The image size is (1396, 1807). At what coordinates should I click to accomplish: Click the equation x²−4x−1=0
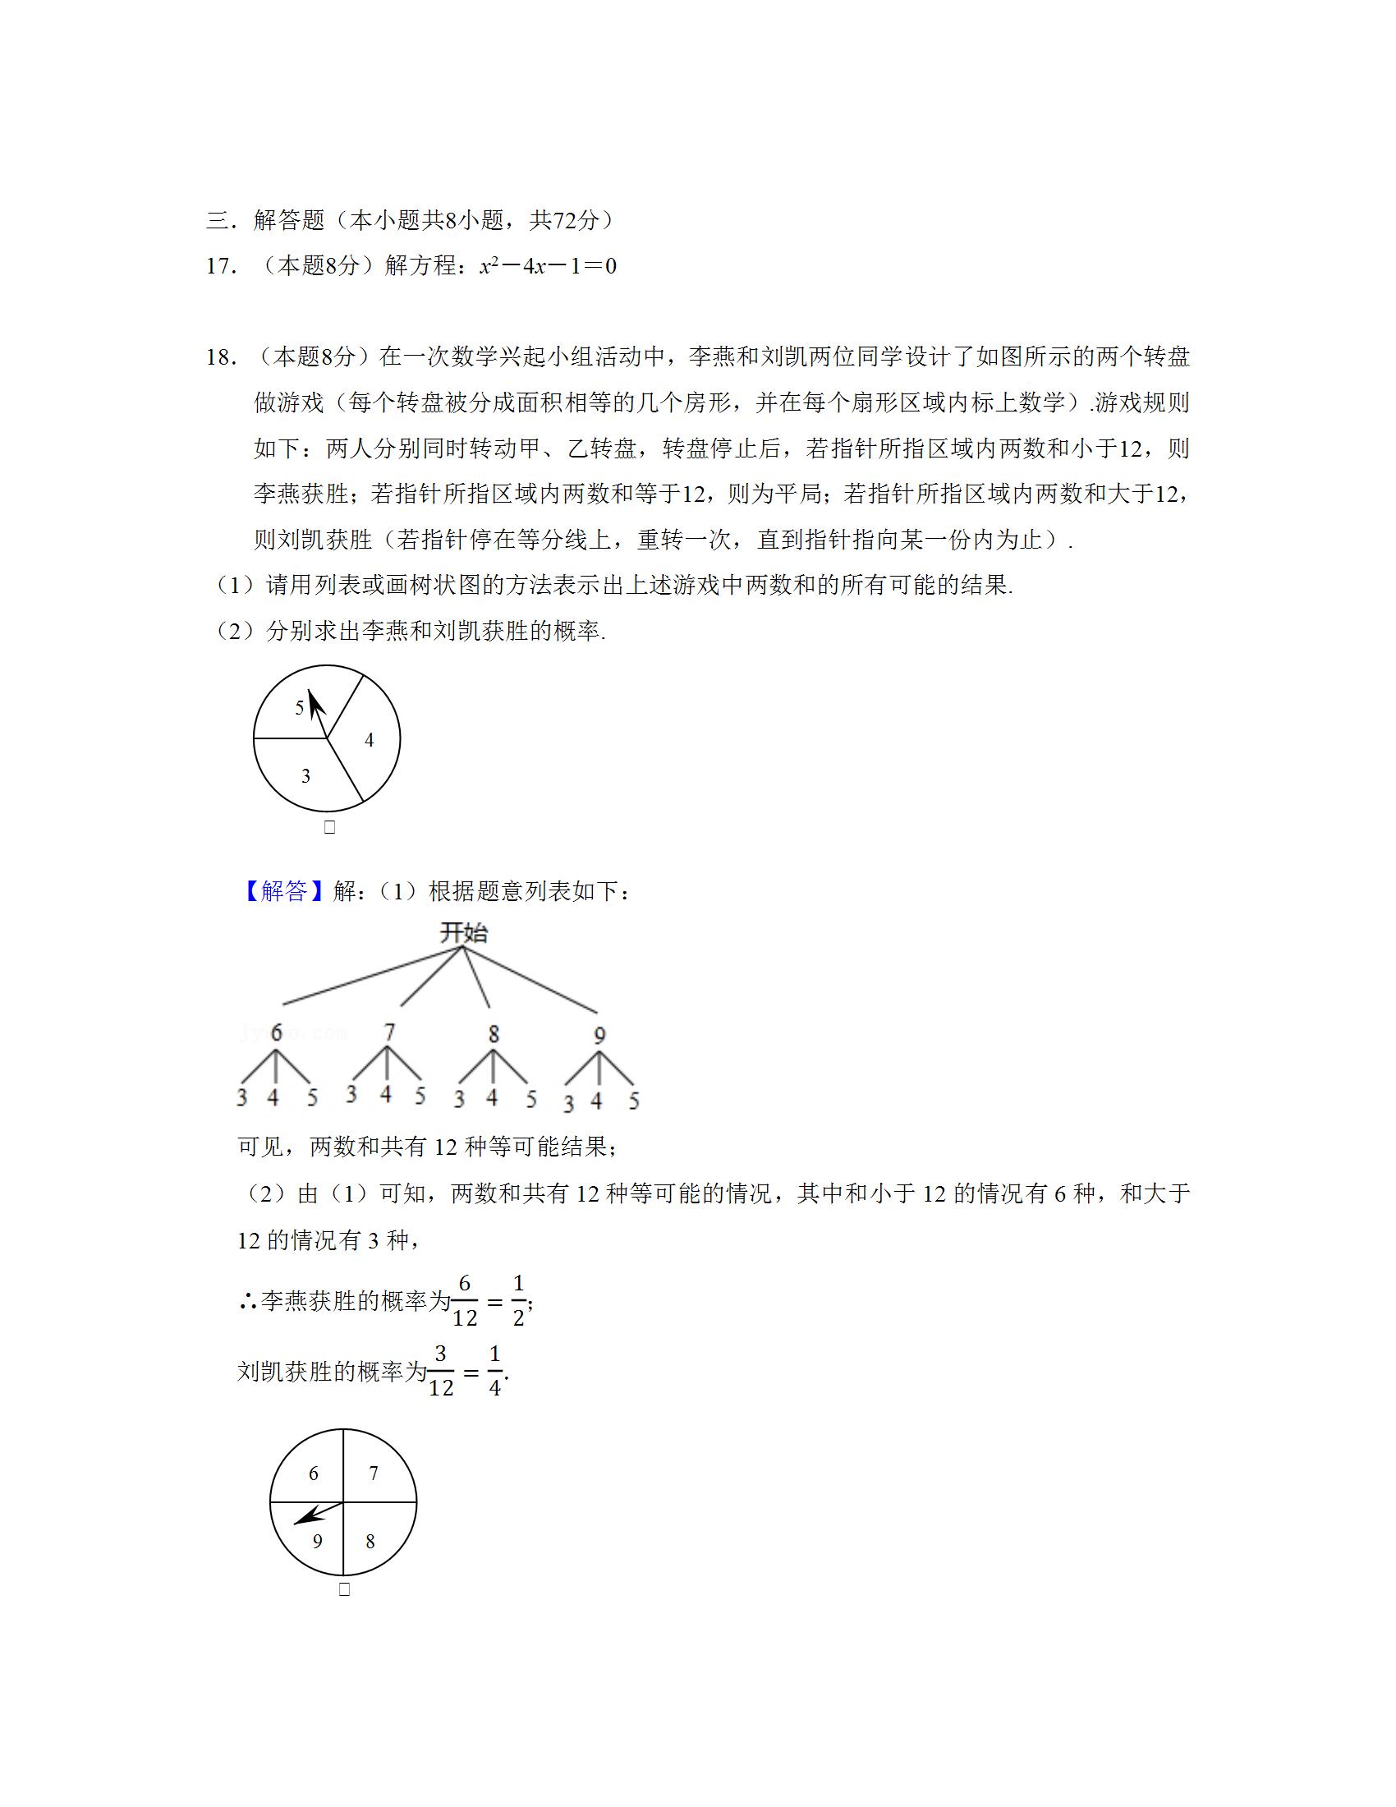548,266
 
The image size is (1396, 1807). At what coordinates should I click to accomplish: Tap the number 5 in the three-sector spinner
300,707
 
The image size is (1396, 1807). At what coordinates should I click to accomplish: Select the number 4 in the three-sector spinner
369,741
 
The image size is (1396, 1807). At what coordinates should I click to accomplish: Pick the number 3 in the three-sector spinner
305,776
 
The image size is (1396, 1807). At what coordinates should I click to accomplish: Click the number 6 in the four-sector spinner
314,1473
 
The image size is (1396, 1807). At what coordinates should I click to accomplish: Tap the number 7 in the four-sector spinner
374,1473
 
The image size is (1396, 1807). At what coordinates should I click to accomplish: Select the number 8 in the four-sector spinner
370,1541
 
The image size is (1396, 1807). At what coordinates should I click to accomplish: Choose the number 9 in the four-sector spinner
317,1541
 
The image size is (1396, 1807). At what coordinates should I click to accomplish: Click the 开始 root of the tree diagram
463,933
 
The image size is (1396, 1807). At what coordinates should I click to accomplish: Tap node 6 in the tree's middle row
276,1032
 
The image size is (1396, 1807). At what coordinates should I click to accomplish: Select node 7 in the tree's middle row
389,1032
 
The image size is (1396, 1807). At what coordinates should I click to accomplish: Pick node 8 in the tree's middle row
494,1033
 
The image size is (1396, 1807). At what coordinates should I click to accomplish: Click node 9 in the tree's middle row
599,1034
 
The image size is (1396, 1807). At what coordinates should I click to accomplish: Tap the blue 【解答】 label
283,891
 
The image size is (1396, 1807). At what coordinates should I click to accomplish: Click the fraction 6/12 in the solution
465,1301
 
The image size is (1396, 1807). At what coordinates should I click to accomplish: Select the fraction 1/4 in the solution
494,1372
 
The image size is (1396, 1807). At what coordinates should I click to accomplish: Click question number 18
222,357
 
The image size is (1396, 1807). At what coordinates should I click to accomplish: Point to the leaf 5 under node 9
633,1101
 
